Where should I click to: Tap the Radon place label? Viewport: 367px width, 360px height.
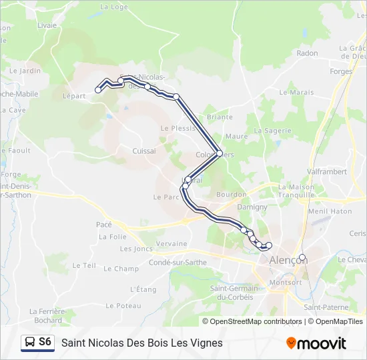(307, 53)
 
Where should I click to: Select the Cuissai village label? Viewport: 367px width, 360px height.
(144, 151)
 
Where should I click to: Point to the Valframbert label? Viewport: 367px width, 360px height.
(328, 171)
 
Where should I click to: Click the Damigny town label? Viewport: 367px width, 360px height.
(252, 207)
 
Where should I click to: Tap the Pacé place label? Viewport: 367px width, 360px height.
(103, 225)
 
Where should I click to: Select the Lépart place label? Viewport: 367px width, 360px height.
(75, 96)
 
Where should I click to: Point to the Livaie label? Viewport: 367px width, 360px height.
(47, 25)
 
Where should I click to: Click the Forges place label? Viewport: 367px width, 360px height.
(341, 71)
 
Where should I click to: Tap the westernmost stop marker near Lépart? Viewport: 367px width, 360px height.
(98, 90)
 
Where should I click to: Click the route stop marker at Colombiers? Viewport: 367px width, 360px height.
(219, 153)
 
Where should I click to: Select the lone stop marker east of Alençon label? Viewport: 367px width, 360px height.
(302, 257)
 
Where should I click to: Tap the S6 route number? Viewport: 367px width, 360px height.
(45, 342)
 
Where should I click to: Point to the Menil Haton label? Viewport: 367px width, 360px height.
(330, 211)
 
